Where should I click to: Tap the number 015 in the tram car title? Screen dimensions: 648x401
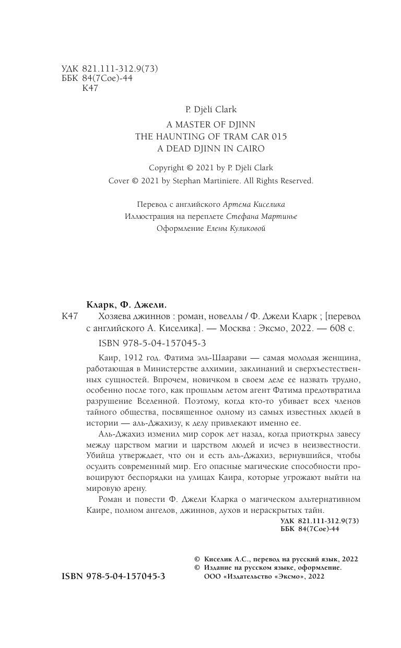pos(276,136)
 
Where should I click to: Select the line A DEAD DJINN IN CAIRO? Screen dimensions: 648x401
pos(211,148)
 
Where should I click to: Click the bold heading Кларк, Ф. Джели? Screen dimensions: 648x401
pos(121,305)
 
